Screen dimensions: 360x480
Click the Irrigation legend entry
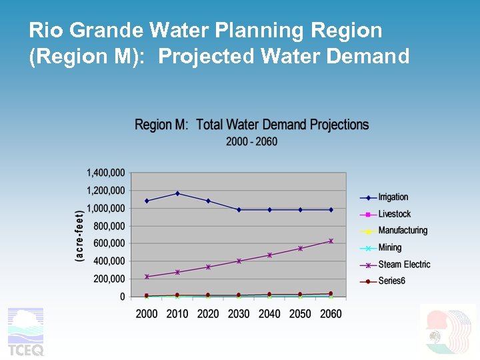click(393, 197)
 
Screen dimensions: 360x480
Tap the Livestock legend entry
click(394, 214)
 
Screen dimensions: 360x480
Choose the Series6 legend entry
click(391, 281)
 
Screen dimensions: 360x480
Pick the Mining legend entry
click(390, 248)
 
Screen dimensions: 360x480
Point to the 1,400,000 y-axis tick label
click(105, 173)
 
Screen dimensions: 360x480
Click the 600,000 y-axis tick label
click(108, 243)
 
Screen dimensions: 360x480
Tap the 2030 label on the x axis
click(239, 313)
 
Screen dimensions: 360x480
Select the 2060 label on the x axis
click(330, 313)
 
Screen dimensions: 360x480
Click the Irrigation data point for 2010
click(177, 193)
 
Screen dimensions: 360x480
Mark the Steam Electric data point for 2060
click(331, 241)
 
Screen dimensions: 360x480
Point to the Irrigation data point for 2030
click(239, 209)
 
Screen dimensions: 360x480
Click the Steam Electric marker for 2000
click(147, 277)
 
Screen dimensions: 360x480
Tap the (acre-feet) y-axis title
click(79, 235)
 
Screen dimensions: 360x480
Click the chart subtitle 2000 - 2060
click(251, 141)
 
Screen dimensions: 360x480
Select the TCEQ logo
click(25, 331)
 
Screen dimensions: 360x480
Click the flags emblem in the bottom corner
click(448, 331)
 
